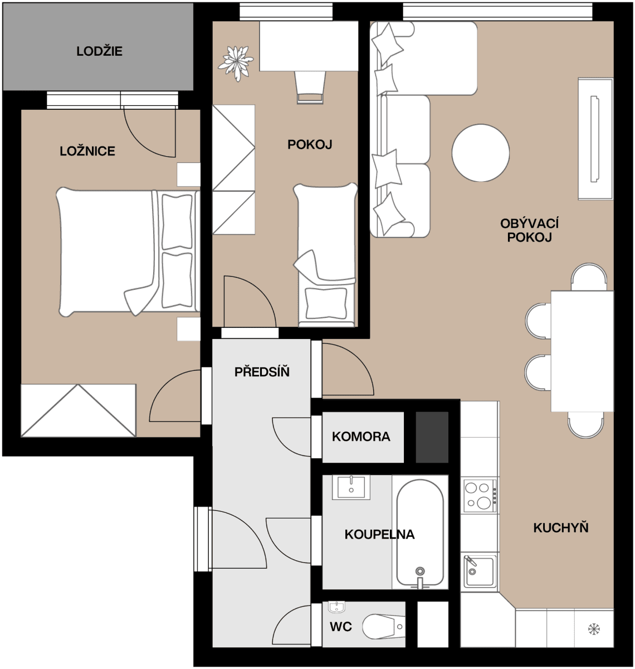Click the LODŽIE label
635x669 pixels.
pyautogui.click(x=99, y=52)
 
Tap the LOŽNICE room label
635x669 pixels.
pyautogui.click(x=87, y=151)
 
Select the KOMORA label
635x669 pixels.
pyautogui.click(x=361, y=437)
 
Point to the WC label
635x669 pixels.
pyautogui.click(x=340, y=627)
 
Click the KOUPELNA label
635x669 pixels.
pyautogui.click(x=379, y=535)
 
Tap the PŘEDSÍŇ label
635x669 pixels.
pyautogui.click(x=262, y=372)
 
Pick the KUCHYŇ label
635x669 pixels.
pyautogui.click(x=560, y=528)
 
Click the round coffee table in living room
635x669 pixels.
pyautogui.click(x=481, y=152)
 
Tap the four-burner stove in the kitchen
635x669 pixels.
pyautogui.click(x=479, y=496)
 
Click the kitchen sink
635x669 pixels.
pyautogui.click(x=479, y=571)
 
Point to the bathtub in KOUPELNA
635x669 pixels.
pyautogui.click(x=420, y=532)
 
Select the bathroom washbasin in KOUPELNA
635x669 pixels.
pyautogui.click(x=351, y=487)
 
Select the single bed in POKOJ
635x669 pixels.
pyautogui.click(x=325, y=254)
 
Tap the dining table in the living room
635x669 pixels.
pyautogui.click(x=582, y=351)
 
